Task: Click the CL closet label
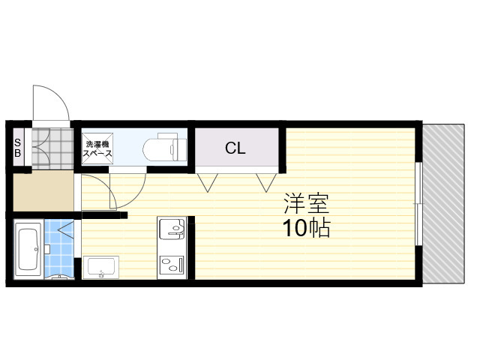pyautogui.click(x=235, y=148)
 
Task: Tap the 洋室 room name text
pyautogui.click(x=306, y=203)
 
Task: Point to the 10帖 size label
pyautogui.click(x=306, y=228)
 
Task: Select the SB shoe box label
pyautogui.click(x=18, y=147)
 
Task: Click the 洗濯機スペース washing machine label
pyautogui.click(x=97, y=148)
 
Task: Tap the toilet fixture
pyautogui.click(x=165, y=147)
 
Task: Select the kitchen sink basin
pyautogui.click(x=172, y=229)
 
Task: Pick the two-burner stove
pyautogui.click(x=172, y=263)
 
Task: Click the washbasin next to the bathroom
pyautogui.click(x=100, y=267)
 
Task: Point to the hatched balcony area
pyautogui.click(x=443, y=203)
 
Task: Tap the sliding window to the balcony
pyautogui.click(x=418, y=203)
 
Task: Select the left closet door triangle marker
pyautogui.click(x=208, y=183)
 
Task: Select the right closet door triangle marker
pyautogui.click(x=266, y=183)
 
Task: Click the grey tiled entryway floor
pyautogui.click(x=52, y=148)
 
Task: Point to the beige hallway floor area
pyautogui.click(x=43, y=191)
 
